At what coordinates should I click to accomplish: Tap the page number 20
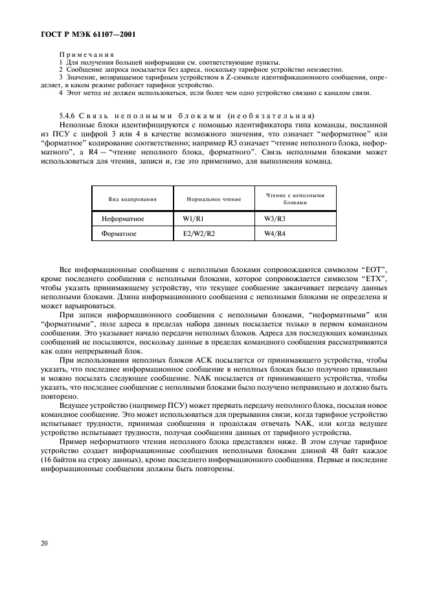(45, 544)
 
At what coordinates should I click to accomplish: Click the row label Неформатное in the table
(123, 218)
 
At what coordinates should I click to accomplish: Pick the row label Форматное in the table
(118, 233)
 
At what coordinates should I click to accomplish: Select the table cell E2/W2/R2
(199, 233)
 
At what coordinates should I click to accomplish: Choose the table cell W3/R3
(275, 218)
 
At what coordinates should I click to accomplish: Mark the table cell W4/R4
(275, 233)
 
